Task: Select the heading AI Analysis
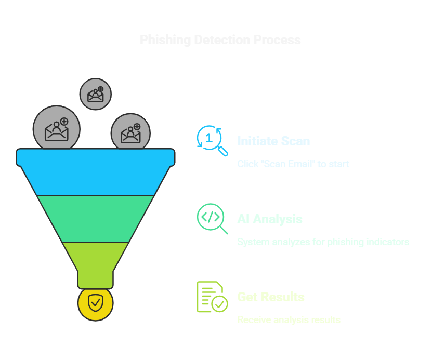click(270, 219)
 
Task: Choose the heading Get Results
click(271, 297)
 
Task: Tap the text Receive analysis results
click(289, 319)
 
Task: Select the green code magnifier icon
click(212, 218)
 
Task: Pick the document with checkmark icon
click(212, 297)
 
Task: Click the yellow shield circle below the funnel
click(95, 302)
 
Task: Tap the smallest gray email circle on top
click(95, 94)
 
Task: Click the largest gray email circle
click(57, 129)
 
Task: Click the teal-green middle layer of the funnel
click(95, 219)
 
